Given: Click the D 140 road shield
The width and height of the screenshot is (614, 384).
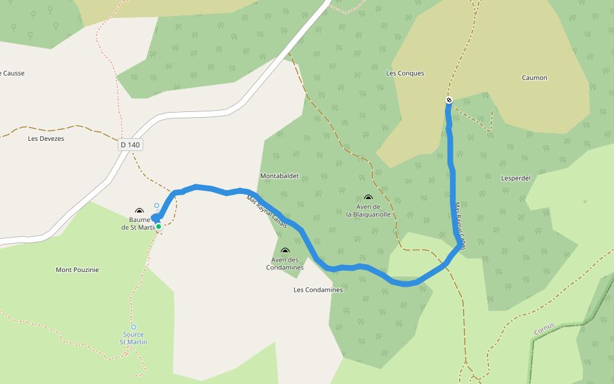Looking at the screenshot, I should (130, 145).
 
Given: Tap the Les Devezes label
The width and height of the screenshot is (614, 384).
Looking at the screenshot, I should (46, 138).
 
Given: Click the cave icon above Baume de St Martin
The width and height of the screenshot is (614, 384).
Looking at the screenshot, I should (139, 211).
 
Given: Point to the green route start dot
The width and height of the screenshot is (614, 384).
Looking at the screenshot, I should (159, 226).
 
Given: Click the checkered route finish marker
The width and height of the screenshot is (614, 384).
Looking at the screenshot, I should (449, 100).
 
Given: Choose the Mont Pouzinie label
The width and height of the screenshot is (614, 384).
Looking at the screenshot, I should (77, 270).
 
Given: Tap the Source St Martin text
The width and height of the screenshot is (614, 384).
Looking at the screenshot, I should (134, 338).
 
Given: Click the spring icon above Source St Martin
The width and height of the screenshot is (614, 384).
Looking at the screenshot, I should (134, 327).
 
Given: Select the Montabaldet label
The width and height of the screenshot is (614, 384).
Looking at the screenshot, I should (279, 175).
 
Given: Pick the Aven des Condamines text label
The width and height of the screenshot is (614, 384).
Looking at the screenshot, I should (285, 263).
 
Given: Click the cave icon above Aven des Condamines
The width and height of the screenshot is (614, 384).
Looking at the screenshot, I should (285, 252).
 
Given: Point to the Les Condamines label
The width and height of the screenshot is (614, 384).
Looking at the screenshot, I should (318, 290).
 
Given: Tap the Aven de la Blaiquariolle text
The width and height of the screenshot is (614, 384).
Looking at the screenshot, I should (368, 211).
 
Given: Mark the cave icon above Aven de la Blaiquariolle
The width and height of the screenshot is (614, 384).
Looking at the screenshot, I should (368, 198).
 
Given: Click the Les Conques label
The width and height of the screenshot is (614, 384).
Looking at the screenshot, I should (405, 74).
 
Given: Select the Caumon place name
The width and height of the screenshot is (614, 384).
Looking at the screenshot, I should (534, 78).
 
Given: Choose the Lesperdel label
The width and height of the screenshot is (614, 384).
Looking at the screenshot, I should (516, 179).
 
